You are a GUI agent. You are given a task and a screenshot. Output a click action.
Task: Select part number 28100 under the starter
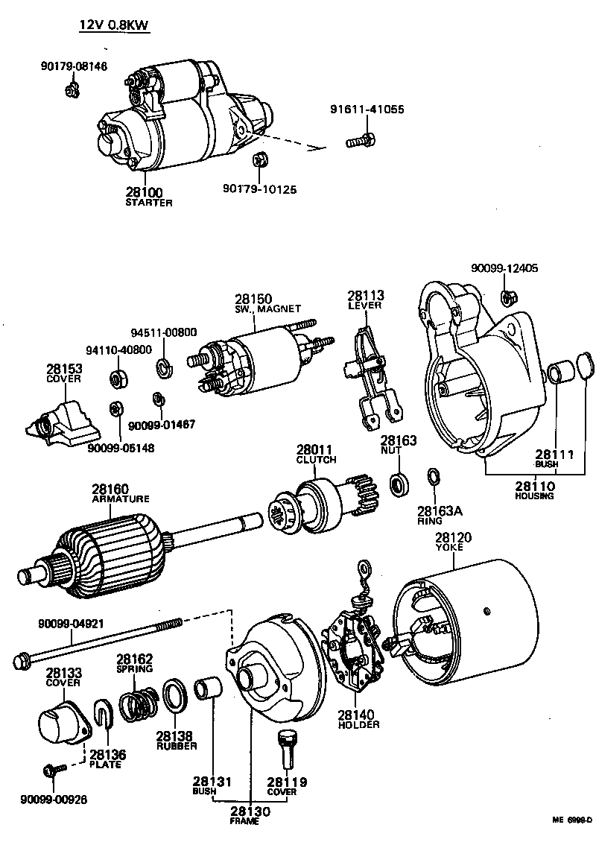[x=145, y=193]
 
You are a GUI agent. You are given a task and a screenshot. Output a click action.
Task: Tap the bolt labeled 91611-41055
[x=361, y=139]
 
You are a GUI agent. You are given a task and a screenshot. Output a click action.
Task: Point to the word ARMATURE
[x=121, y=499]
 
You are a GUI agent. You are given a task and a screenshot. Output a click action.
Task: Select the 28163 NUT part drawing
[x=399, y=484]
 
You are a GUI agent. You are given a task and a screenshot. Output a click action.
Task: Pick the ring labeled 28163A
[x=432, y=477]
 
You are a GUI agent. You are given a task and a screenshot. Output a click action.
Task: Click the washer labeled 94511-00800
[x=162, y=367]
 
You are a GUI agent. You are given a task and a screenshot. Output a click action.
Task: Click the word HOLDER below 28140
[x=358, y=724]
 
